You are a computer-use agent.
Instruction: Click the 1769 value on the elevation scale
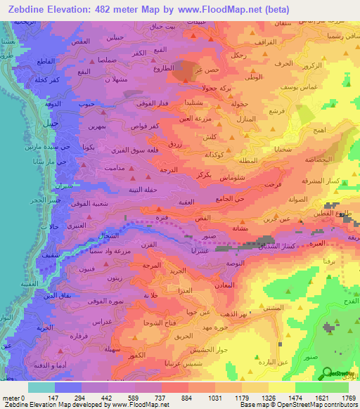click(349, 398)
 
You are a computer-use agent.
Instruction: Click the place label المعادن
click(223, 285)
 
